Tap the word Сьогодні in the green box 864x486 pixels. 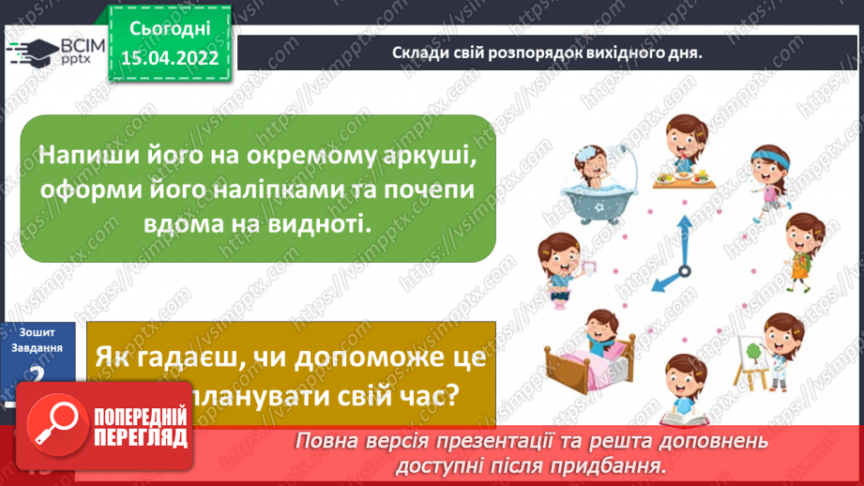pos(170,31)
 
